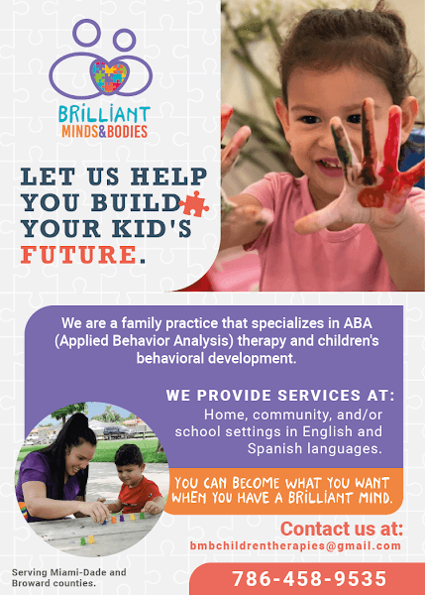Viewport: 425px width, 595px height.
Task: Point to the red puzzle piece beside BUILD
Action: click(195, 203)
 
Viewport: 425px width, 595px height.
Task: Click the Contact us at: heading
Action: click(341, 528)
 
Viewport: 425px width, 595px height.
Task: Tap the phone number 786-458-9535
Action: click(309, 578)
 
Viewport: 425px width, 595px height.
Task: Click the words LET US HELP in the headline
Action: click(103, 178)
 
